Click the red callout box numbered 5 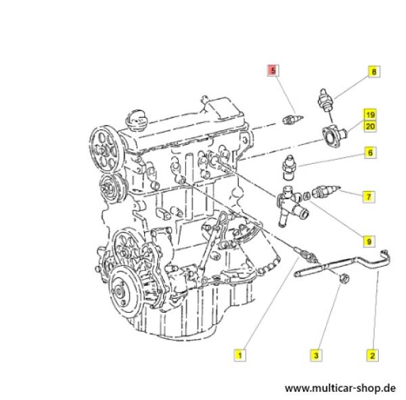point(273,70)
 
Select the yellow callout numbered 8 point(374,72)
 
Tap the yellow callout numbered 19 point(370,114)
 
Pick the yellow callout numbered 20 point(370,126)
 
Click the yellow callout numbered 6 point(370,152)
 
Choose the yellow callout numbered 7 point(369,197)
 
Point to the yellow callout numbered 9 point(369,242)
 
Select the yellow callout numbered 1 point(240,355)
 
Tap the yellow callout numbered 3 point(316,355)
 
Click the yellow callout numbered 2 point(372,355)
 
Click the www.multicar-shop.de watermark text point(340,388)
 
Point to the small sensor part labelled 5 point(292,119)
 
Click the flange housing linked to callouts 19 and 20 point(334,136)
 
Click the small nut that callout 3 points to point(344,278)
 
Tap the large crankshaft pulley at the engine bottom point(122,290)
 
